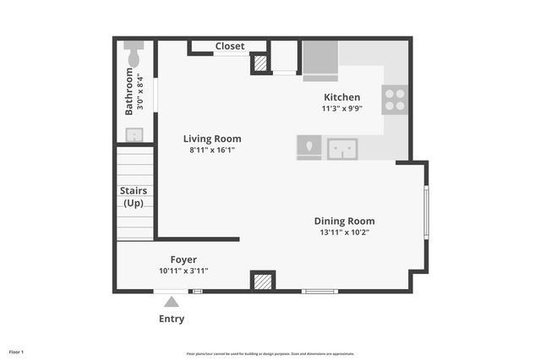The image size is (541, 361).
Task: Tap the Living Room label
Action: (x=212, y=139)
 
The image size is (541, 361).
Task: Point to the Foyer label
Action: (x=183, y=260)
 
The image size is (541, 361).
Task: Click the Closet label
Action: (x=230, y=46)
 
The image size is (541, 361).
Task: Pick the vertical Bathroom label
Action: (x=129, y=91)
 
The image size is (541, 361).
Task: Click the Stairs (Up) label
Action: (x=134, y=197)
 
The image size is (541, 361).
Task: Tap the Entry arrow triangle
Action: (x=172, y=302)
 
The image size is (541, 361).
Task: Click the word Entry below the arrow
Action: (x=172, y=319)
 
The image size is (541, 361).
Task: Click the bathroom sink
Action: (x=134, y=134)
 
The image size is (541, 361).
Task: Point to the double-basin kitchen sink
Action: (x=342, y=150)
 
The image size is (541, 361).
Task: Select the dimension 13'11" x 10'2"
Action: (x=344, y=232)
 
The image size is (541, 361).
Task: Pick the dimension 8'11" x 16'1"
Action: (x=212, y=150)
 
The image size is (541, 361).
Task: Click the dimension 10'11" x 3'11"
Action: (x=183, y=271)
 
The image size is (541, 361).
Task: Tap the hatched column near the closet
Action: (x=261, y=63)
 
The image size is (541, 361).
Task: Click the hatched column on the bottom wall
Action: (x=263, y=282)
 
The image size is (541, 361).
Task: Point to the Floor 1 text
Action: (x=17, y=352)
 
